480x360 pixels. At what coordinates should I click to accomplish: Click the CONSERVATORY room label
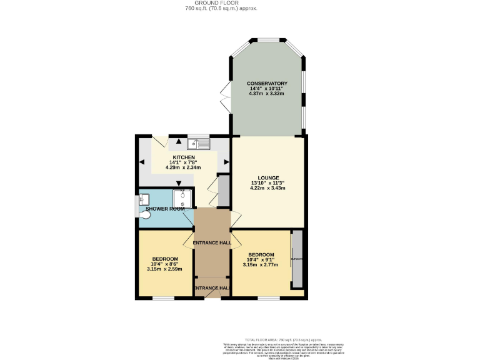[x=267, y=83]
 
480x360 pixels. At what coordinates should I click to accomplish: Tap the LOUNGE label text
[x=267, y=177]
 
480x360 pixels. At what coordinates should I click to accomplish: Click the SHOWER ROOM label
[x=165, y=209]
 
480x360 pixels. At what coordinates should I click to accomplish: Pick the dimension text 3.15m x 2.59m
[x=165, y=269]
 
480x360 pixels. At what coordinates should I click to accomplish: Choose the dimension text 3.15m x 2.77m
[x=260, y=265]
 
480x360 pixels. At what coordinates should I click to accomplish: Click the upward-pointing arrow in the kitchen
[x=179, y=141]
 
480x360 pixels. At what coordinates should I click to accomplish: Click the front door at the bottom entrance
[x=212, y=293]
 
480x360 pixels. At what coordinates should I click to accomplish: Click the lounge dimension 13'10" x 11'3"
[x=267, y=182]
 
